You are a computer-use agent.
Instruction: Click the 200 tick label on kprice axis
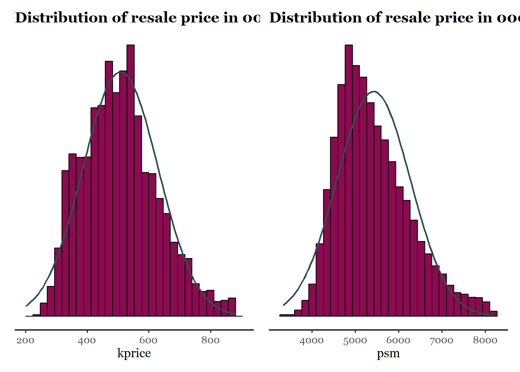[x=26, y=341]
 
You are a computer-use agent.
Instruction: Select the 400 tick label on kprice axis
[x=87, y=341]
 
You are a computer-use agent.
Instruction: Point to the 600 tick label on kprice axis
[x=149, y=341]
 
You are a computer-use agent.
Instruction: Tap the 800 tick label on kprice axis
[x=210, y=341]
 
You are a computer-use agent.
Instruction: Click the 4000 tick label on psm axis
[x=312, y=341]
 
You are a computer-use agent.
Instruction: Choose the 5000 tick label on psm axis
[x=355, y=341]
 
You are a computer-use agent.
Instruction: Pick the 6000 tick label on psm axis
[x=399, y=341]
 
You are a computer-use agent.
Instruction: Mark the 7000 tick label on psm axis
[x=442, y=341]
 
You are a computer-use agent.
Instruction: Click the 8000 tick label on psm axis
[x=485, y=341]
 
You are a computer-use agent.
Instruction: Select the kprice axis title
[x=134, y=353]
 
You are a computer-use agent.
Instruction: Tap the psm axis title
[x=388, y=353]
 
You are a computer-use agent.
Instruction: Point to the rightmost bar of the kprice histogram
[x=232, y=307]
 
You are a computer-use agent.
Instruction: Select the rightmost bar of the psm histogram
[x=493, y=313]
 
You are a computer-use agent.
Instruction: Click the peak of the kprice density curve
[x=121, y=72]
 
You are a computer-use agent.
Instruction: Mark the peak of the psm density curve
[x=374, y=91]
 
